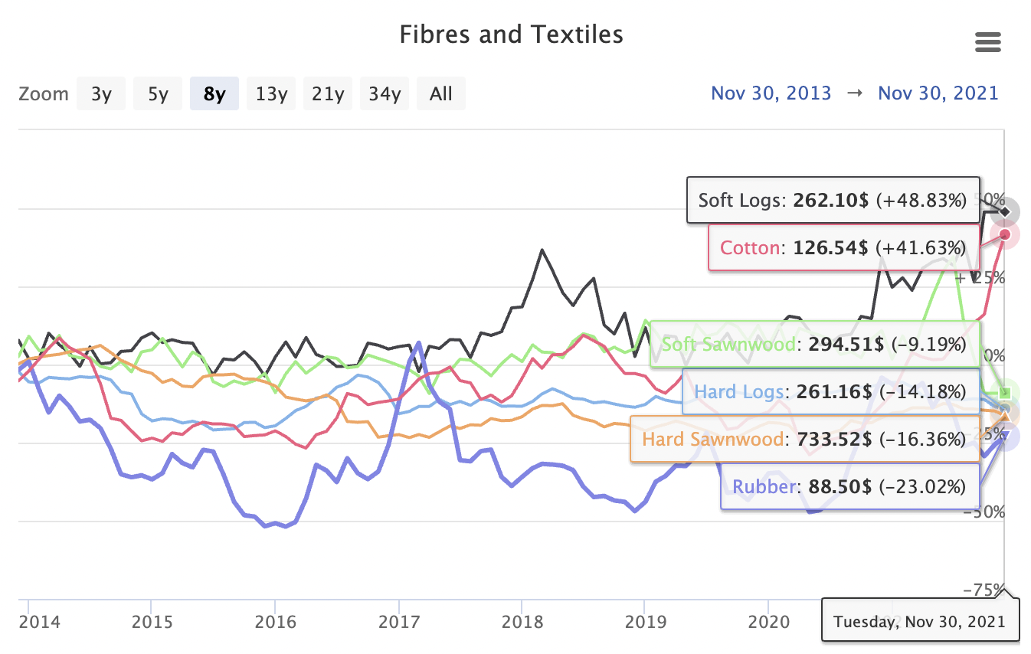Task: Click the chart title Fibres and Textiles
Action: click(x=511, y=34)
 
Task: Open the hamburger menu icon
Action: click(x=988, y=42)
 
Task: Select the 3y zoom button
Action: click(x=100, y=94)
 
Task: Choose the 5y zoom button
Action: click(x=158, y=94)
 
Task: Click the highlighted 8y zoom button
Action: click(x=214, y=94)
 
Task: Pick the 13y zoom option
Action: click(x=271, y=94)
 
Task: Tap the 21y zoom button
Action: click(x=328, y=94)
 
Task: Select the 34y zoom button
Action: click(x=385, y=94)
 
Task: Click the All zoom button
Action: click(x=441, y=94)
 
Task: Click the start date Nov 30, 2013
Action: click(x=771, y=93)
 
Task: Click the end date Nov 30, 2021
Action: click(x=938, y=93)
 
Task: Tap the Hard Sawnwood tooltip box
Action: click(x=804, y=440)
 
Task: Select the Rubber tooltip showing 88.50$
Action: click(x=849, y=486)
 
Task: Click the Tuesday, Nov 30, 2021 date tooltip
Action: click(x=919, y=621)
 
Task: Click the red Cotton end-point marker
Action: click(x=1004, y=234)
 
